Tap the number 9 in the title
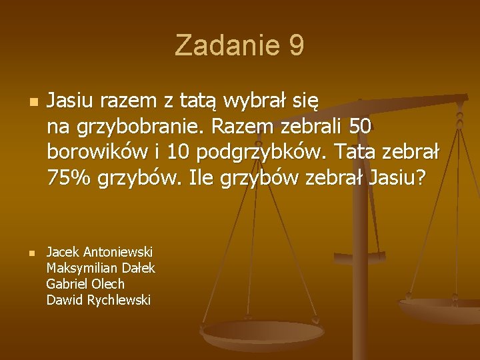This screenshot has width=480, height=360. [x=297, y=46]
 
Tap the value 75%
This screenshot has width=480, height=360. [x=69, y=178]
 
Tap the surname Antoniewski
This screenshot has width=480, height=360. [x=118, y=252]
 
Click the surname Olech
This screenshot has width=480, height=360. [x=109, y=284]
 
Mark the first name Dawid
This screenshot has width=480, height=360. [x=62, y=300]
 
